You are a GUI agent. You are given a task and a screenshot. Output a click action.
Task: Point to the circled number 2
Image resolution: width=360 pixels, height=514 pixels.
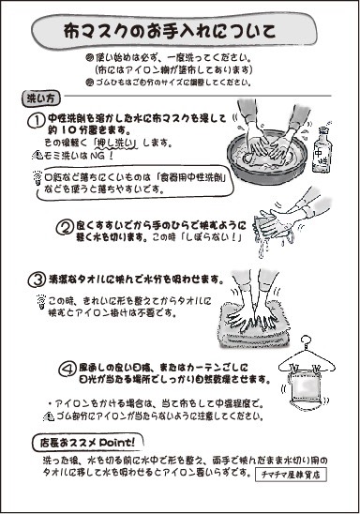(65, 226)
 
